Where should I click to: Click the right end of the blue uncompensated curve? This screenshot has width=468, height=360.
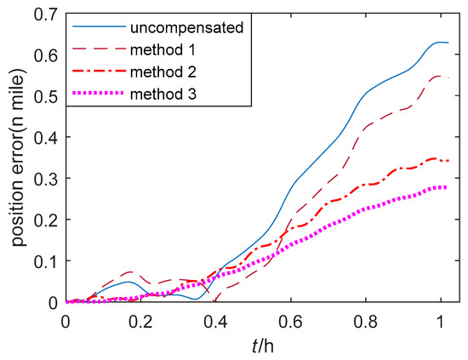[448, 43]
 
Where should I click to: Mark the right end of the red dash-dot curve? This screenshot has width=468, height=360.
[448, 160]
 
